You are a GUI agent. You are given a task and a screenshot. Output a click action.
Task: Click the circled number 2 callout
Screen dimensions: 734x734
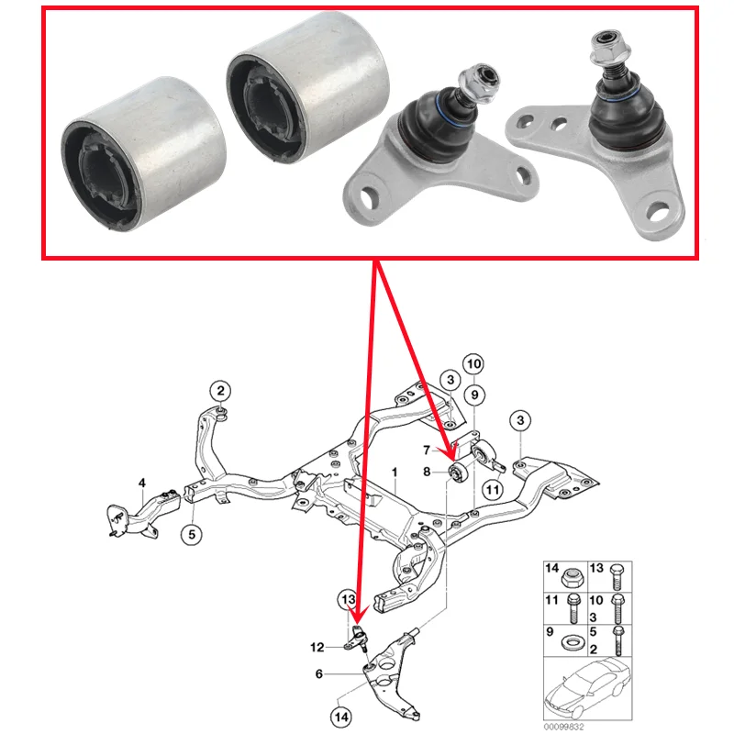pyautogui.click(x=221, y=390)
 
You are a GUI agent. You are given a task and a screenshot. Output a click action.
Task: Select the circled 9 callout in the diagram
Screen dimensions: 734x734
pyautogui.click(x=473, y=395)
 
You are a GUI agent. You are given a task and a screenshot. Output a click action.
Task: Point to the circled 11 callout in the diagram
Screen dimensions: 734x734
pyautogui.click(x=493, y=490)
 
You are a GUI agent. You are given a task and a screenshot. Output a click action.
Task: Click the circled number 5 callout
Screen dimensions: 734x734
pyautogui.click(x=192, y=532)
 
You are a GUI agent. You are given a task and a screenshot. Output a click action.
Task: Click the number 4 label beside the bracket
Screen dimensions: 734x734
pyautogui.click(x=142, y=483)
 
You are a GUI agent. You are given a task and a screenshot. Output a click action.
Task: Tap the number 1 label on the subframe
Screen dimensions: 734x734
pyautogui.click(x=394, y=472)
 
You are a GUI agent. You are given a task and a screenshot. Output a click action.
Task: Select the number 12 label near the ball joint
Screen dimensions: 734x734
pyautogui.click(x=317, y=647)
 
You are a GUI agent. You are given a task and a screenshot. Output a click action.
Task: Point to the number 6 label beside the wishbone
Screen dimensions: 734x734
pyautogui.click(x=318, y=673)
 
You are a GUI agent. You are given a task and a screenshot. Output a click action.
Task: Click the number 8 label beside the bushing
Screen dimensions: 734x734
pyautogui.click(x=427, y=472)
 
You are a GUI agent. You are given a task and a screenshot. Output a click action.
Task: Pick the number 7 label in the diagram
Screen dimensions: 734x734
pyautogui.click(x=427, y=450)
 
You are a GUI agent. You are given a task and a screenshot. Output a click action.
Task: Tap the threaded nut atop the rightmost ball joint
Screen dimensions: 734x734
pyautogui.click(x=609, y=43)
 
